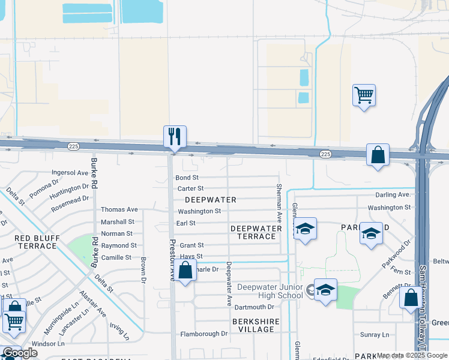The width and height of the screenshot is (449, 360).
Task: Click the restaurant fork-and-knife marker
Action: (x=175, y=137)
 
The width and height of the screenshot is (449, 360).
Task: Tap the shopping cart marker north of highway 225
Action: (x=364, y=95)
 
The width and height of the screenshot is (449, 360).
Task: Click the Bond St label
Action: (x=187, y=178)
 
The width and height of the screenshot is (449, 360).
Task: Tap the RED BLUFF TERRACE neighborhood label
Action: (x=36, y=242)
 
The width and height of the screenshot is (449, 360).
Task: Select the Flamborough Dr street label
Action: (x=200, y=333)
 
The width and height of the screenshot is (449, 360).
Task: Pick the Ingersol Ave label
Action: (x=70, y=172)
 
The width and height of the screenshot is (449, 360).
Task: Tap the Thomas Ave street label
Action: (x=119, y=209)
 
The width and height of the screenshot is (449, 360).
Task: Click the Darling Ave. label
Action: (x=393, y=195)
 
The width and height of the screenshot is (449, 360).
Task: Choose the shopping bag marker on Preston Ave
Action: (x=186, y=271)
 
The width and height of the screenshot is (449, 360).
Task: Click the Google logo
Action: (x=20, y=353)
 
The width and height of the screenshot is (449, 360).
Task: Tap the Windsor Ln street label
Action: (x=48, y=344)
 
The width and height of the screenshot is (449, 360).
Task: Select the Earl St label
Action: (x=187, y=223)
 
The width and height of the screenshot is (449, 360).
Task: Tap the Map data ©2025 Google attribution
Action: (x=412, y=355)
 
